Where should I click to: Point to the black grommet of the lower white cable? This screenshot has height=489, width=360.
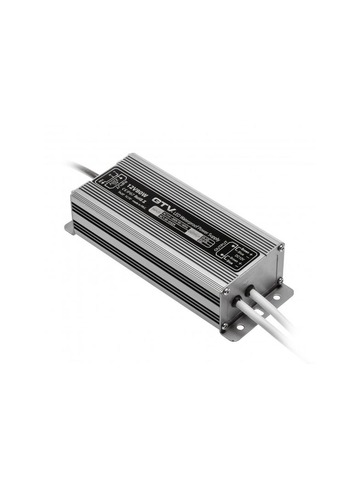tap(238, 302)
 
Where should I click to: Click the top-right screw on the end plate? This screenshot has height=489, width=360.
tap(281, 248)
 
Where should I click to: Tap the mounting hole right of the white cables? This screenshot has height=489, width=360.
tap(276, 297)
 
